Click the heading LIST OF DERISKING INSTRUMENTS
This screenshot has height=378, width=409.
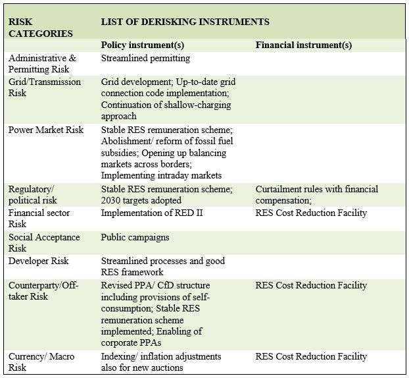[185, 22]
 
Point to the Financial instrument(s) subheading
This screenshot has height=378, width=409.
[303, 45]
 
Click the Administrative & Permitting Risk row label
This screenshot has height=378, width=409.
[42, 63]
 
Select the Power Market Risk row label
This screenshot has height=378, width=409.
[46, 130]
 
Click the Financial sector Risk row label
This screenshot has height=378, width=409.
[39, 218]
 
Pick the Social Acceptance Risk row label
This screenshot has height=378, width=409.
[44, 242]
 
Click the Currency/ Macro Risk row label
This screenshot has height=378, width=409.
[41, 362]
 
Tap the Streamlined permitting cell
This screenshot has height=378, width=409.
[145, 58]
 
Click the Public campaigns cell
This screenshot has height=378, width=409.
[135, 237]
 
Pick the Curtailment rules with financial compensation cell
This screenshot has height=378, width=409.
[316, 194]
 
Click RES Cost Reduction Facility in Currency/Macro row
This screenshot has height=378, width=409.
[310, 356]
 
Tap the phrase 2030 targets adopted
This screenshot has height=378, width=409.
[141, 200]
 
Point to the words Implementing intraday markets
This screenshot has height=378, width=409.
[161, 175]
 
